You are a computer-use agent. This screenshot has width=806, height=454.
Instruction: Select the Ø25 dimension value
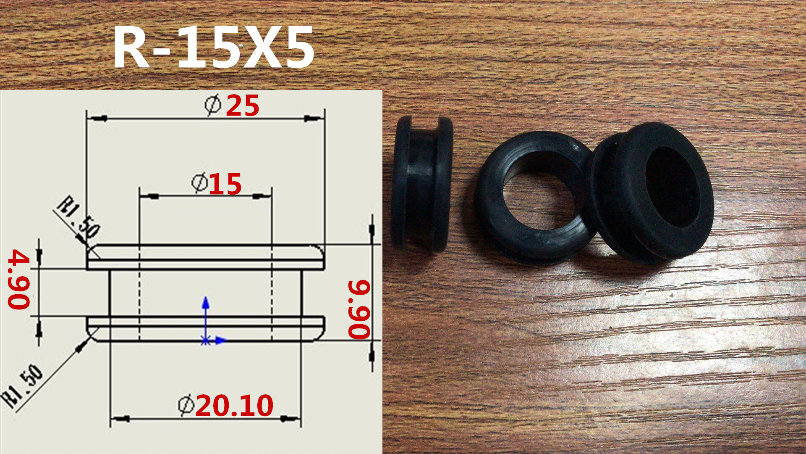(232, 105)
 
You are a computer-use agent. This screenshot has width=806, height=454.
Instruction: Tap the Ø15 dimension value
(217, 184)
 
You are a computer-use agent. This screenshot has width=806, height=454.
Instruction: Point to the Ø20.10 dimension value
(226, 406)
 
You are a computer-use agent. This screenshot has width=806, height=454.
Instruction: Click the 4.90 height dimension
(19, 279)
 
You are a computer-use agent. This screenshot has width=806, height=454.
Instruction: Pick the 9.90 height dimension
(359, 309)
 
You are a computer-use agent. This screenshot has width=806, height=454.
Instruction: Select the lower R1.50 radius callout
(23, 386)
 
